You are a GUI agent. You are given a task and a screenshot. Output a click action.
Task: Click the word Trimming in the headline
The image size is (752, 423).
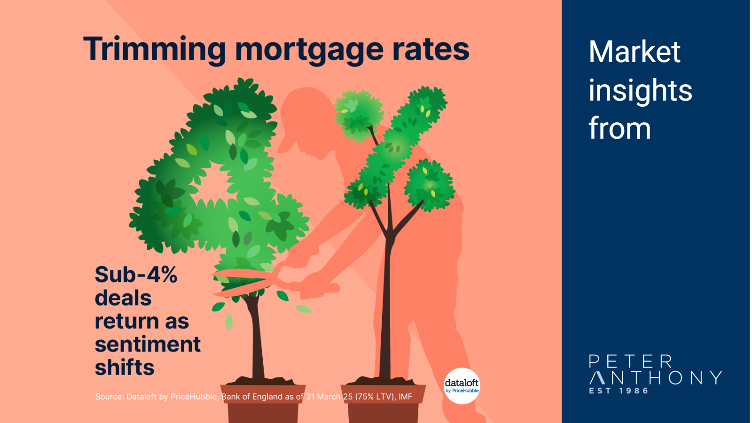click(154, 50)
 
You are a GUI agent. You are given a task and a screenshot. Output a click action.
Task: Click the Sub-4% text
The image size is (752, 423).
click(136, 274)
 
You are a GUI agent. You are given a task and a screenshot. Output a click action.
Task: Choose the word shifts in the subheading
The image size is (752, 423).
click(125, 367)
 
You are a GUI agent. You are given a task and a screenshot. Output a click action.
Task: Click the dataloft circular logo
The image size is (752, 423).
click(462, 386)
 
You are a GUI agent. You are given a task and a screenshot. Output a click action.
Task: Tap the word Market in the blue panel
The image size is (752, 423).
click(634, 52)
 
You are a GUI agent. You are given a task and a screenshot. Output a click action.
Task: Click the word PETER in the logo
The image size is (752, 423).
click(631, 361)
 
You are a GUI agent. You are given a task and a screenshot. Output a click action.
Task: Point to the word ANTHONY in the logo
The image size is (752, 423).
click(656, 378)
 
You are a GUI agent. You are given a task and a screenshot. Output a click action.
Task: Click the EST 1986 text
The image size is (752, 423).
click(619, 391)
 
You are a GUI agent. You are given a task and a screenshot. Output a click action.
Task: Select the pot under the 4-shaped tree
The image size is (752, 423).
click(263, 403)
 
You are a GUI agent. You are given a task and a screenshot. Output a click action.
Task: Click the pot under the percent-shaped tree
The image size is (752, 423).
click(384, 403)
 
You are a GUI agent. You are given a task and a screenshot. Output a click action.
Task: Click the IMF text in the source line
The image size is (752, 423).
click(405, 397)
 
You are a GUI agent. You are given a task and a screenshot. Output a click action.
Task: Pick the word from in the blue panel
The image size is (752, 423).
click(620, 128)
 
